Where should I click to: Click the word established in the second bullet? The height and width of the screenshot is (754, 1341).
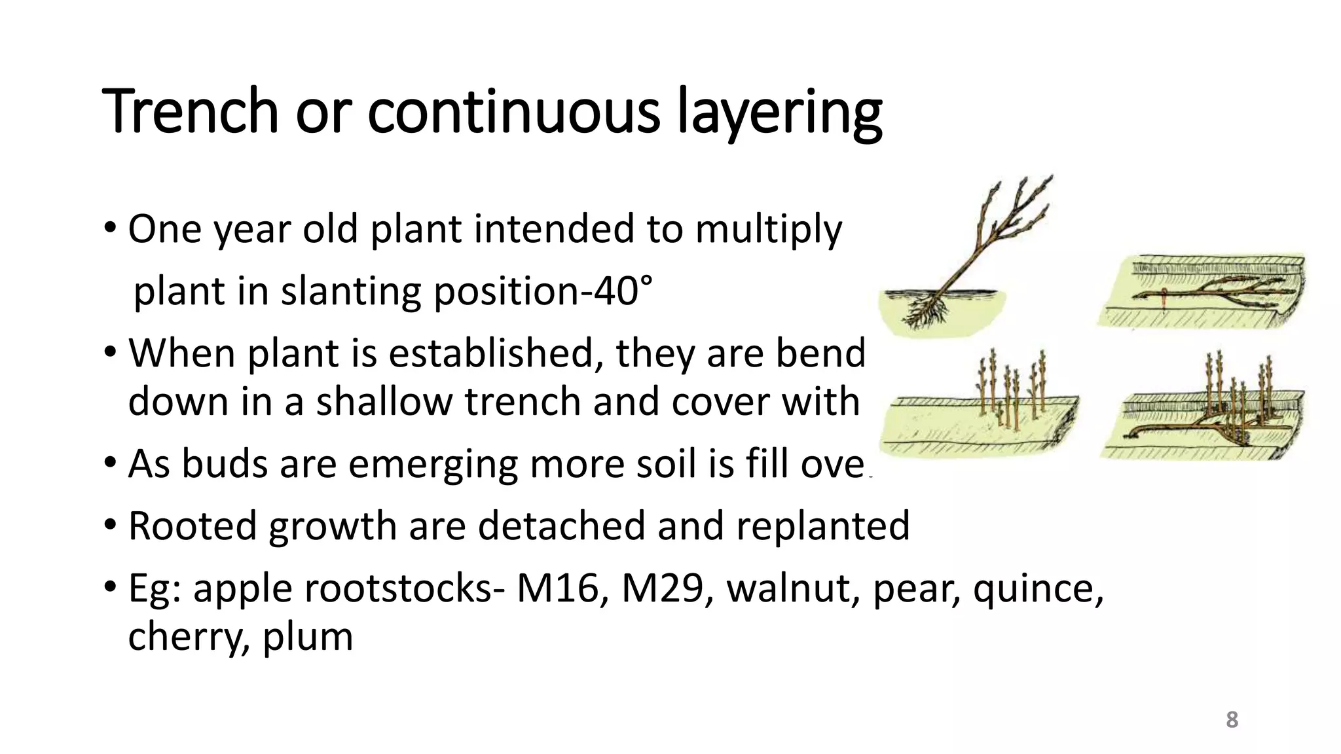(496, 353)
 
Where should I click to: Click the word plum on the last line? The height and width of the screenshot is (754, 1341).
(308, 637)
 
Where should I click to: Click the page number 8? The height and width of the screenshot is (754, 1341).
(1232, 720)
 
